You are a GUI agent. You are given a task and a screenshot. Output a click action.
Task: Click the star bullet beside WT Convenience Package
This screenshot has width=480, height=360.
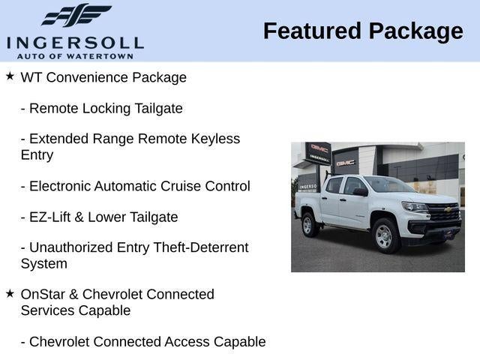pyautogui.click(x=10, y=76)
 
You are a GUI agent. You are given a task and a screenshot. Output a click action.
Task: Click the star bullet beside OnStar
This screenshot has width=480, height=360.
pyautogui.click(x=10, y=293)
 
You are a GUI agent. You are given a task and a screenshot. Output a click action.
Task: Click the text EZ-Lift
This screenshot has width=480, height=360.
pyautogui.click(x=52, y=217)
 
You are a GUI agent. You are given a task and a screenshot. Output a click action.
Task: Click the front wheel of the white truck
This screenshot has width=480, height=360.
pyautogui.click(x=383, y=235)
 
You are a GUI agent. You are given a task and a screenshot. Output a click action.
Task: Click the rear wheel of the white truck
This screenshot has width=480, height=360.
pyautogui.click(x=307, y=224)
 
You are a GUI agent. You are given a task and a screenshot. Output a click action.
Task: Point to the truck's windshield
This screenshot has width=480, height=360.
pyautogui.click(x=388, y=185)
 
